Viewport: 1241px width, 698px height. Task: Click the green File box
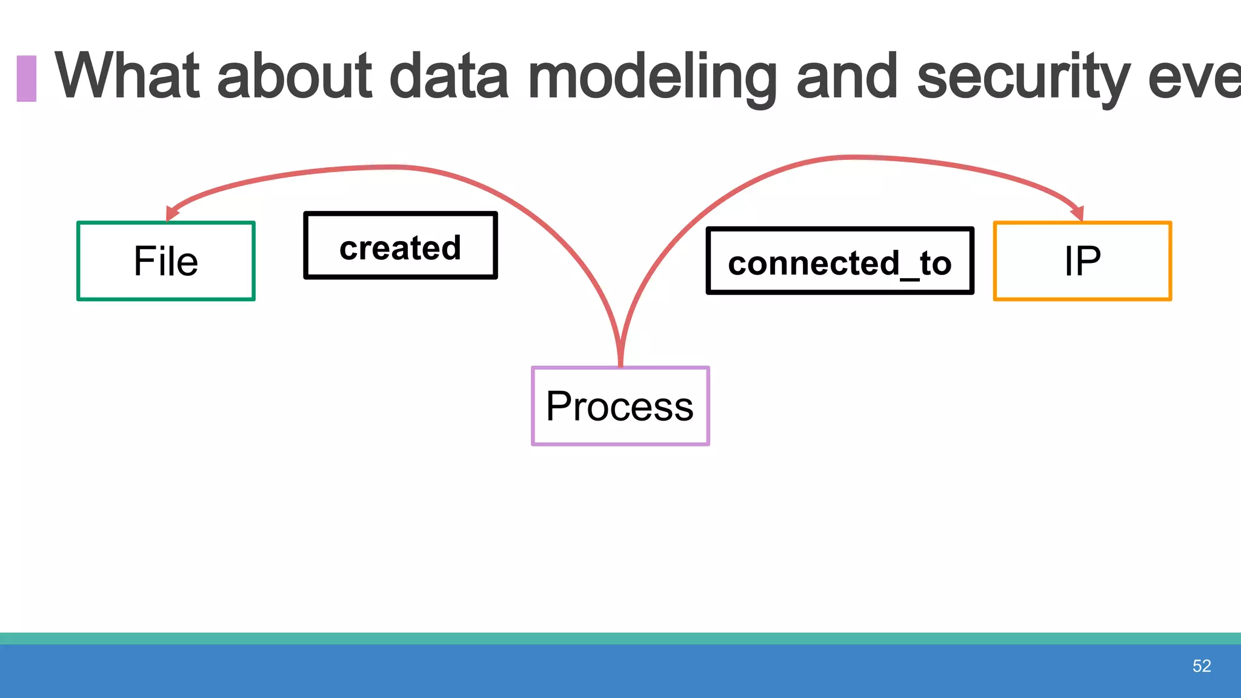(165, 261)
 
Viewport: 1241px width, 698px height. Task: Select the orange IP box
(1082, 261)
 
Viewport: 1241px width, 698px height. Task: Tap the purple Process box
(620, 406)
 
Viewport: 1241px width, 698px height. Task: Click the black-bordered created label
(401, 245)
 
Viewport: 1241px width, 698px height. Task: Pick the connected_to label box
(840, 261)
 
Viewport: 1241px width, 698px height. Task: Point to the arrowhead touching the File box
(171, 213)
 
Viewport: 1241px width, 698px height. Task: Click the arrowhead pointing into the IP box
(1077, 213)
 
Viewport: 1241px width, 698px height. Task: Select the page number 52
(1201, 666)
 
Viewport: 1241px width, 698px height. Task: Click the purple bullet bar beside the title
(26, 78)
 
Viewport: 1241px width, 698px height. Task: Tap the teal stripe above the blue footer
(620, 638)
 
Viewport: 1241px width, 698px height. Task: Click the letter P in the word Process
(558, 406)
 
